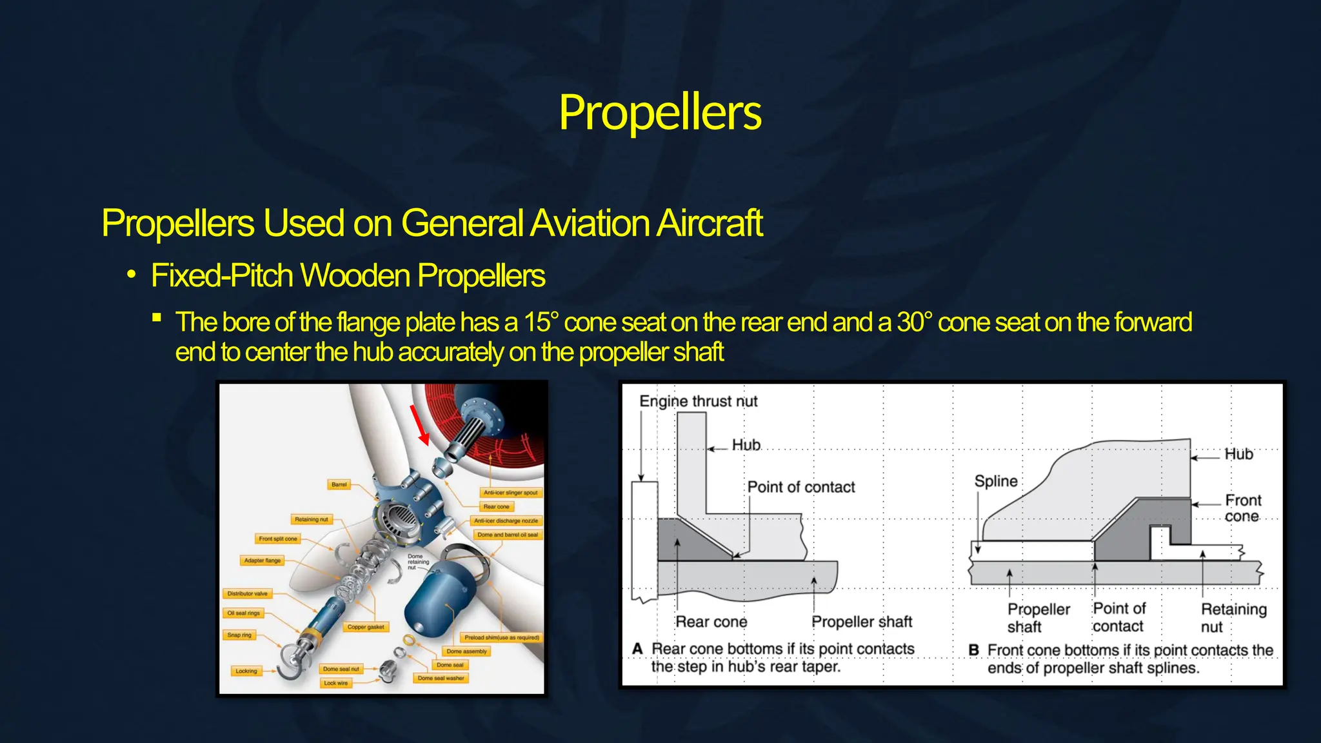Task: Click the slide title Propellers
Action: (660, 112)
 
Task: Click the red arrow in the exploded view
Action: (419, 424)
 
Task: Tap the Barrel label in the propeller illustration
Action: (339, 484)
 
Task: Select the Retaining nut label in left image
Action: (311, 519)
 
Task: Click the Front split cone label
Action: (278, 539)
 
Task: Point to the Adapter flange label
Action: (263, 560)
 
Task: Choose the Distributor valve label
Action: (247, 593)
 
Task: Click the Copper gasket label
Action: (365, 627)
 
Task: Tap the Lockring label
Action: (246, 671)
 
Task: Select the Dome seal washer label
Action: (441, 678)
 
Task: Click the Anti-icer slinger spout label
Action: (510, 493)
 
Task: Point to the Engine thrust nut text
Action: (698, 401)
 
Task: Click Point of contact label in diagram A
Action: (800, 487)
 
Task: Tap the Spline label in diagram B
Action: (995, 481)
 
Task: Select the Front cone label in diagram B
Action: (1242, 508)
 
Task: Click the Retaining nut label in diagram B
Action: (1233, 617)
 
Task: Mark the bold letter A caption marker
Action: (637, 648)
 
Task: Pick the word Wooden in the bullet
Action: (355, 275)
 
